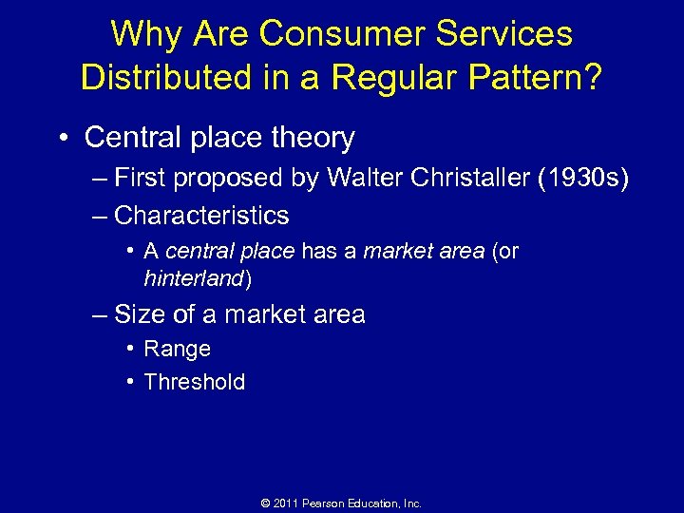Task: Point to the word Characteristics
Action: [x=201, y=216]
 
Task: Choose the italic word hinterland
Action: [x=195, y=278]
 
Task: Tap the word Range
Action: [x=177, y=350]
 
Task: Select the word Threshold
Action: [x=194, y=382]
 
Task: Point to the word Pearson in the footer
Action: [x=324, y=503]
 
